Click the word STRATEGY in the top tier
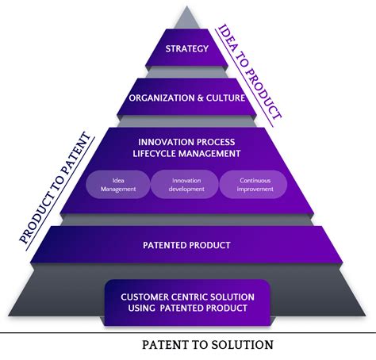click(x=187, y=49)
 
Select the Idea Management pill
click(x=118, y=185)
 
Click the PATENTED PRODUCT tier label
click(x=187, y=246)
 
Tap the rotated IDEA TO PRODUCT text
click(x=250, y=71)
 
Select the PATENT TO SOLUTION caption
click(x=208, y=345)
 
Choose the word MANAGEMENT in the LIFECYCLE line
click(x=213, y=153)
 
